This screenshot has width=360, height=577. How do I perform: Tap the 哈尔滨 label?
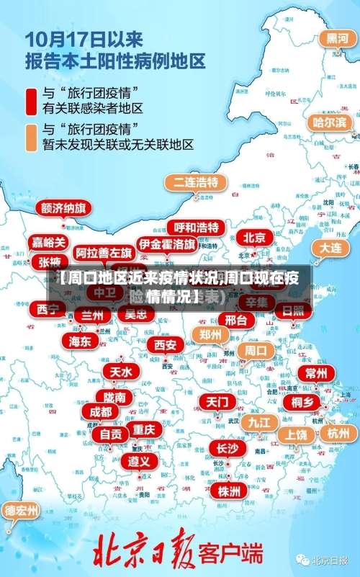(x=329, y=122)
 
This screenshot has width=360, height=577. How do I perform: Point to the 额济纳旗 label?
(x=63, y=208)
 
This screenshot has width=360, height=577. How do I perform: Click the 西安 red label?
(x=165, y=344)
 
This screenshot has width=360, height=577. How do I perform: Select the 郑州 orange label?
(x=210, y=334)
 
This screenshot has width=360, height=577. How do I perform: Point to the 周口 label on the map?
(x=256, y=351)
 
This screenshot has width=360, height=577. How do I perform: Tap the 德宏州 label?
(x=22, y=511)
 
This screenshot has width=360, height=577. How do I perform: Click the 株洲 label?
(x=229, y=470)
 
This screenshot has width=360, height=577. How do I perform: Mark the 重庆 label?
(x=144, y=429)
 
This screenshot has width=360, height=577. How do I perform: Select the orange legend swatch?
(x=31, y=137)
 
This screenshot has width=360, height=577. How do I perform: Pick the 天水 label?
(x=120, y=372)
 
